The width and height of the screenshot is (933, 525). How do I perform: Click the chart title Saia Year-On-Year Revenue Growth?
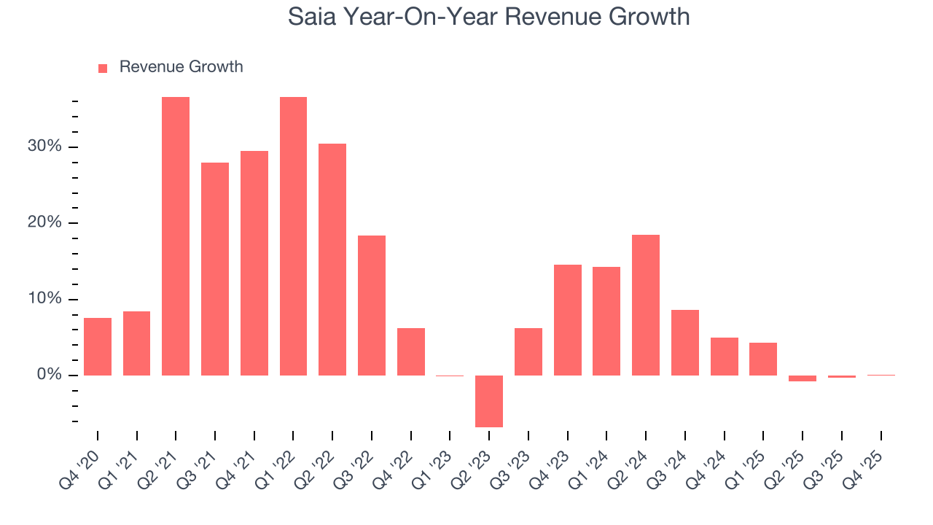pyautogui.click(x=488, y=16)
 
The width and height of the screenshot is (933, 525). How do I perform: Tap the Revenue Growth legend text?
pyautogui.click(x=181, y=67)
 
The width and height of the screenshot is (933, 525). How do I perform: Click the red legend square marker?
pyautogui.click(x=103, y=68)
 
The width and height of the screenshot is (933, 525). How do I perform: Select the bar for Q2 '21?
pyautogui.click(x=176, y=236)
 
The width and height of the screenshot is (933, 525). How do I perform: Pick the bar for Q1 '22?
pyautogui.click(x=293, y=236)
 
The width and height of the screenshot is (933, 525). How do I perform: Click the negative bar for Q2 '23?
pyautogui.click(x=489, y=401)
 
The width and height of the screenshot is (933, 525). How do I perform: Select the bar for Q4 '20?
pyautogui.click(x=98, y=346)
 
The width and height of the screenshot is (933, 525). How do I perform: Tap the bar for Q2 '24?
pyautogui.click(x=646, y=305)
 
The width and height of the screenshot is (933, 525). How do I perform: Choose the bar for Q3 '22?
pyautogui.click(x=372, y=305)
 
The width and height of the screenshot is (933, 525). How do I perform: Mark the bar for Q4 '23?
pyautogui.click(x=568, y=320)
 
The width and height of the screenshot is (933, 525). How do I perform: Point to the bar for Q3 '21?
pyautogui.click(x=215, y=269)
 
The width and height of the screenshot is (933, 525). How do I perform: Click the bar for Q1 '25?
pyautogui.click(x=763, y=359)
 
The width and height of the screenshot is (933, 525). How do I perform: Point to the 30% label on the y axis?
pyautogui.click(x=44, y=147)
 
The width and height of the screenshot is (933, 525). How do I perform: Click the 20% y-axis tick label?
pyautogui.click(x=44, y=223)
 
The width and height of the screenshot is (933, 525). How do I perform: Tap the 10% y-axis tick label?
pyautogui.click(x=44, y=299)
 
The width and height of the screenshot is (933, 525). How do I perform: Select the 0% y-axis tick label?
pyautogui.click(x=49, y=375)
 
